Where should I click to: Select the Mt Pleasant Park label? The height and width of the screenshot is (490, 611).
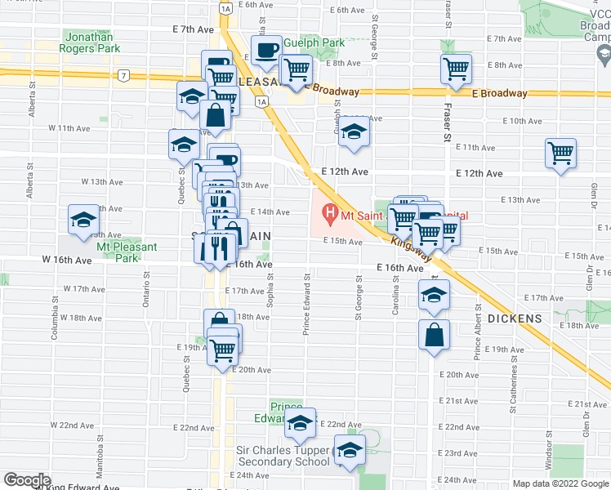[114, 252]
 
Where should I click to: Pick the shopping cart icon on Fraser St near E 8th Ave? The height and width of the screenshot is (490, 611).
[456, 69]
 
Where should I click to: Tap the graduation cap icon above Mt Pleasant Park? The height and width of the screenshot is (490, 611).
[83, 220]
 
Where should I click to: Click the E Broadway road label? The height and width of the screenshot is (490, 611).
[499, 93]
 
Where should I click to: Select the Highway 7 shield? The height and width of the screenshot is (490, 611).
[123, 75]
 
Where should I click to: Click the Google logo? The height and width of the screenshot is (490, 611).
[27, 480]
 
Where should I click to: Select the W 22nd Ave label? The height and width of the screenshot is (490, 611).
[73, 425]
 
